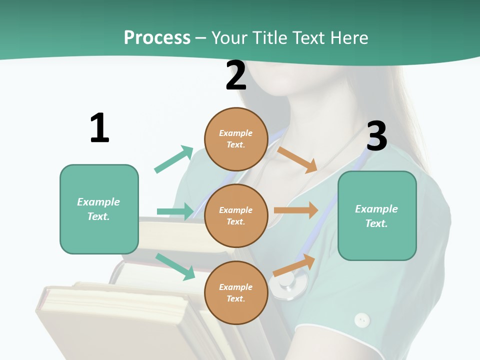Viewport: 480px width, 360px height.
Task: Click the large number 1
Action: click(x=99, y=128)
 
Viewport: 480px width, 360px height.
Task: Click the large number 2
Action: click(x=236, y=75)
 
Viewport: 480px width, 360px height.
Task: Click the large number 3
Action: click(x=376, y=136)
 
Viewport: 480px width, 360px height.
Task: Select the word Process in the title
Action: click(x=157, y=37)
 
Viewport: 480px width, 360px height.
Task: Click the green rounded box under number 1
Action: click(x=99, y=209)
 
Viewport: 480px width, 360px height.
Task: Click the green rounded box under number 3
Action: click(x=377, y=215)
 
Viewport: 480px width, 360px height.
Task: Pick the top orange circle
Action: click(x=236, y=139)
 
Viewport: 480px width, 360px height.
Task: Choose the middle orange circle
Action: click(x=236, y=215)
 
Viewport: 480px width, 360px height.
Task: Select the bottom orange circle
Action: click(x=236, y=292)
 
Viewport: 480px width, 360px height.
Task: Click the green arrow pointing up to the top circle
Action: click(x=174, y=159)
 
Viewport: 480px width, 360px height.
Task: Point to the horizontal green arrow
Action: click(x=175, y=211)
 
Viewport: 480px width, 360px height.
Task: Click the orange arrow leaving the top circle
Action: click(x=297, y=160)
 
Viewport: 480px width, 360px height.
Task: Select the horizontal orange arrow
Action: click(x=296, y=210)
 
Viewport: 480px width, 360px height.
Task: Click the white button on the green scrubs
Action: click(x=361, y=319)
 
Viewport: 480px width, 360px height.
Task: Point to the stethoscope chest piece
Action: click(x=288, y=285)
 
